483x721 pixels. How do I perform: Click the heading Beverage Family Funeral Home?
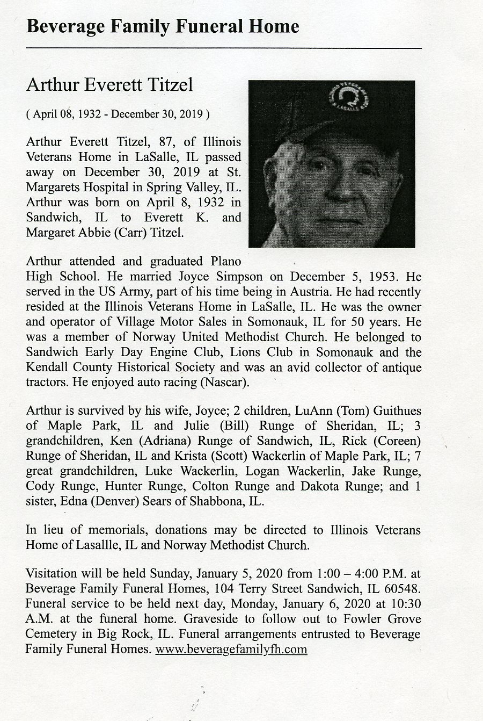(x=163, y=26)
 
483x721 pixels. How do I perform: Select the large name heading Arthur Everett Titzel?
(x=109, y=85)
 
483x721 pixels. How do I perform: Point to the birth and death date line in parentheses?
(x=118, y=114)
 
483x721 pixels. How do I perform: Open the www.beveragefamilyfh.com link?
(x=231, y=649)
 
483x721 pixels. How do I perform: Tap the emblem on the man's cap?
(x=349, y=97)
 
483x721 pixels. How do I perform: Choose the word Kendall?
(x=48, y=368)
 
